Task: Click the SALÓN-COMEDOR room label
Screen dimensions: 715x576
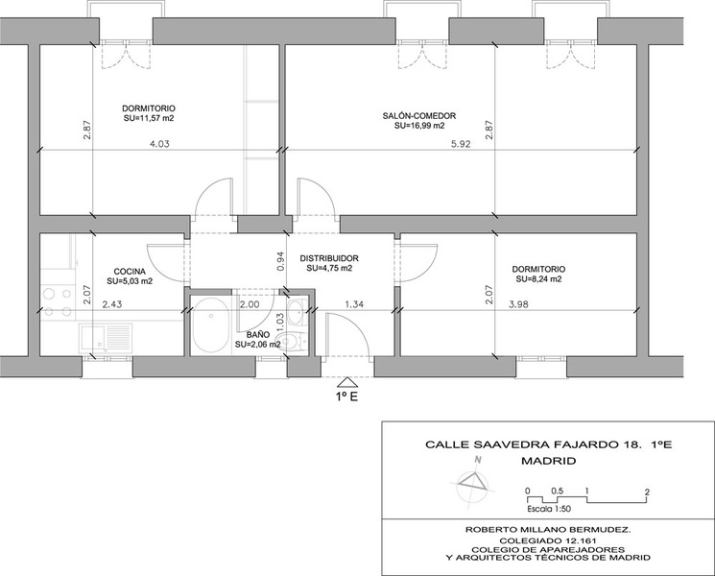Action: [419, 116]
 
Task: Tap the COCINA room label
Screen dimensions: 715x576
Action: [130, 272]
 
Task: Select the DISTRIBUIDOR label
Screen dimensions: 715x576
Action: [329, 258]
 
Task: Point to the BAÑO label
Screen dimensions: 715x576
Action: [258, 335]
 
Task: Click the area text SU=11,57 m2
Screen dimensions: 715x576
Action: [149, 118]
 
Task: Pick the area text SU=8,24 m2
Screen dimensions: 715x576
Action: [538, 279]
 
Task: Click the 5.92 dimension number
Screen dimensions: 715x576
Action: [461, 144]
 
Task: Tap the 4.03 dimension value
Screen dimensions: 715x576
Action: [159, 144]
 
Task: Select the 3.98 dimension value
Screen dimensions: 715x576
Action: [518, 304]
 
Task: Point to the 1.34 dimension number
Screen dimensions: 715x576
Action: [354, 304]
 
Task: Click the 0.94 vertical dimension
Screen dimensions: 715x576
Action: [281, 261]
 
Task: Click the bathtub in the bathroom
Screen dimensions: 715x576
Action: [210, 325]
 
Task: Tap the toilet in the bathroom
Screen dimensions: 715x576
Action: [292, 342]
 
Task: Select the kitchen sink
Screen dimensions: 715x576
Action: [106, 338]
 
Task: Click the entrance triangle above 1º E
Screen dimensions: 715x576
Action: [346, 383]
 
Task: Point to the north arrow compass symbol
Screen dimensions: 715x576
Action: [472, 484]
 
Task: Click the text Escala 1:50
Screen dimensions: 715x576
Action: [549, 509]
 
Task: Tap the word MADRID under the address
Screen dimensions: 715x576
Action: [549, 461]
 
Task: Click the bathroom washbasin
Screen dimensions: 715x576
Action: [298, 311]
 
